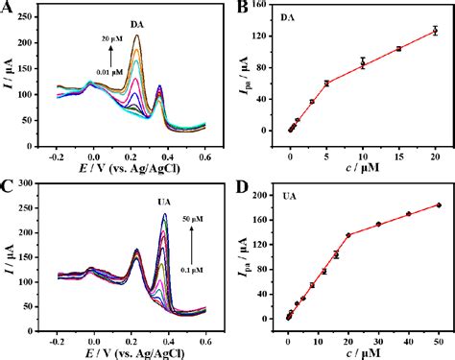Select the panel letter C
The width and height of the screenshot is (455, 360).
pyautogui.click(x=8, y=184)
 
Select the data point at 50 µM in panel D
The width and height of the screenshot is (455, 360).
pyautogui.click(x=439, y=204)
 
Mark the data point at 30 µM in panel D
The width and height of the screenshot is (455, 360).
pyautogui.click(x=378, y=224)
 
